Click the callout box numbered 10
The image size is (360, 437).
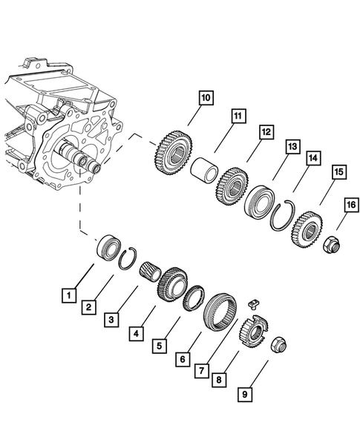[206, 97]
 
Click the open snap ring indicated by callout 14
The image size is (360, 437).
[281, 215]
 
